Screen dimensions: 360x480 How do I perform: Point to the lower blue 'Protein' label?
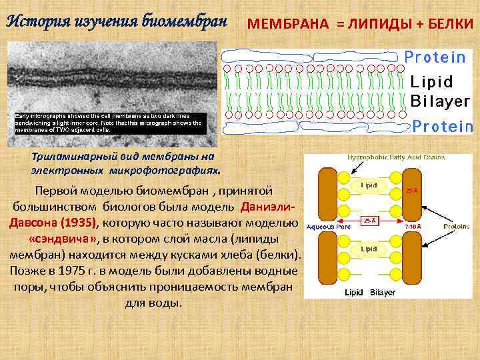click(443, 126)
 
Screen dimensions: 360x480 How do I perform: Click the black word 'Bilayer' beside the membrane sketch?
click(439, 102)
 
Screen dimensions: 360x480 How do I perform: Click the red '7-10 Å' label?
click(413, 227)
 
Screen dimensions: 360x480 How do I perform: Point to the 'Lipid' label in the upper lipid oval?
click(369, 185)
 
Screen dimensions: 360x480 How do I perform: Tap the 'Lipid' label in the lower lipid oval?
click(369, 249)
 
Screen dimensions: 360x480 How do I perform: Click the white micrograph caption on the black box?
click(109, 123)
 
